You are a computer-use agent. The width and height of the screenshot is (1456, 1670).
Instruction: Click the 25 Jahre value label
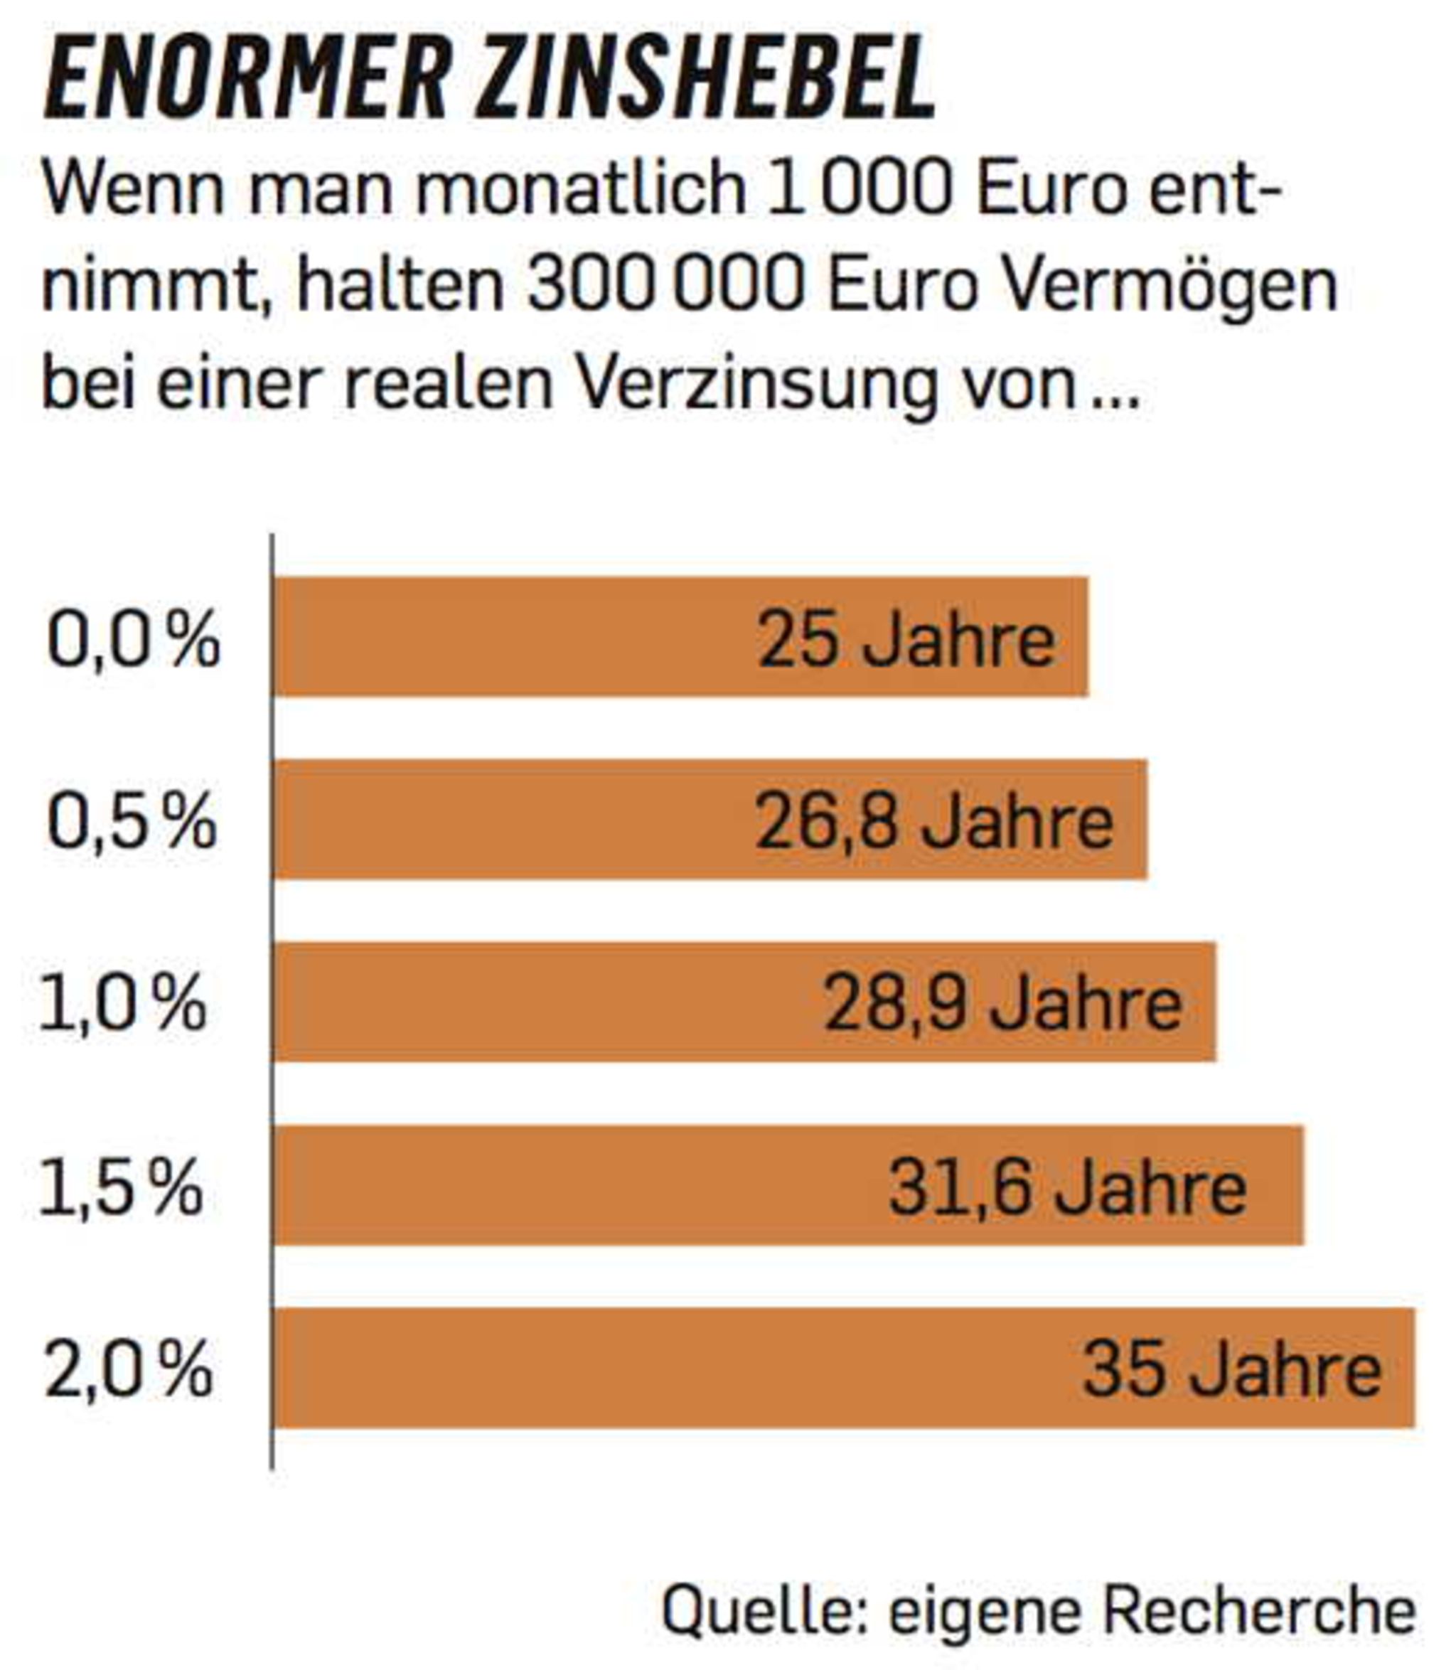click(906, 640)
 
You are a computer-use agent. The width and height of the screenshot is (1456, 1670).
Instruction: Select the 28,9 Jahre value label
click(1003, 1005)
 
